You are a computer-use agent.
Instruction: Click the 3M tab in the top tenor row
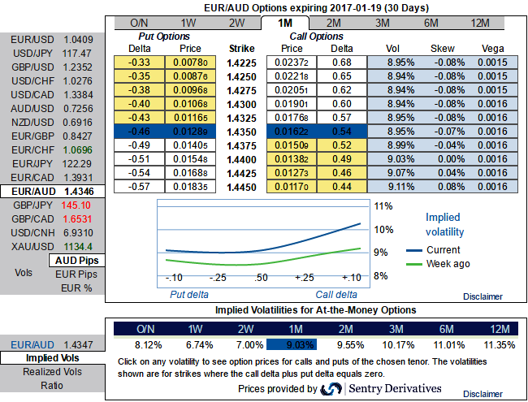pyautogui.click(x=380, y=22)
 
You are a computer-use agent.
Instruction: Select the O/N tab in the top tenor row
pyautogui.click(x=139, y=22)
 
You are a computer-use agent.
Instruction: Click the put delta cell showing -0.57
pyautogui.click(x=141, y=187)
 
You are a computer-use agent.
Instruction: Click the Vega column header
pyautogui.click(x=492, y=49)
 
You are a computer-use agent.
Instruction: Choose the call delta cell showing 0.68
pyautogui.click(x=343, y=63)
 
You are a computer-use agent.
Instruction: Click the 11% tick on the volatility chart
pyautogui.click(x=383, y=205)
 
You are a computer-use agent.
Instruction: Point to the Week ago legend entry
pyautogui.click(x=448, y=263)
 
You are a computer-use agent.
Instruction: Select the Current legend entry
pyautogui.click(x=443, y=249)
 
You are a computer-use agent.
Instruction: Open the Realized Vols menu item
pyautogui.click(x=53, y=371)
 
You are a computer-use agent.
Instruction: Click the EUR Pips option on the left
pyautogui.click(x=76, y=274)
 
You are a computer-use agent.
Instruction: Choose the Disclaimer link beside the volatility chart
pyautogui.click(x=484, y=296)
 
